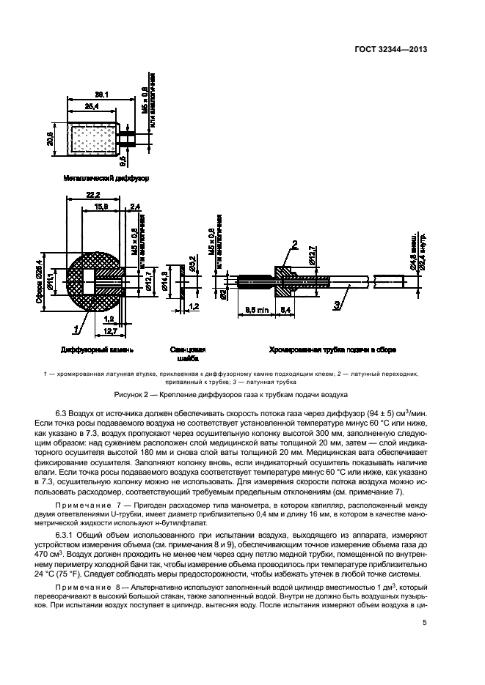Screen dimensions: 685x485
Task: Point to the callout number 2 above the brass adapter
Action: coord(293,244)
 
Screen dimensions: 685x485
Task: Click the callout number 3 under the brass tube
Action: coord(400,303)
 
